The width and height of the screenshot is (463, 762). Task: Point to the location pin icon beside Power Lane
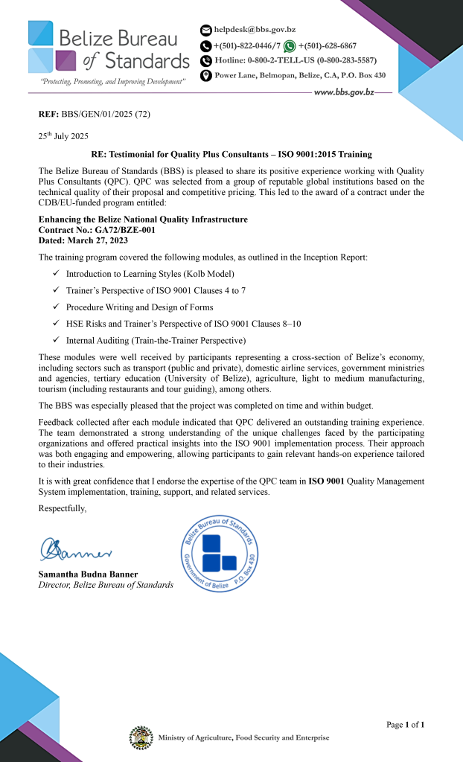point(206,76)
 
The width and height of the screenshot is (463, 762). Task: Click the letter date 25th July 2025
point(63,136)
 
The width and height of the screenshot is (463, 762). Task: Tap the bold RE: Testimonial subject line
point(231,155)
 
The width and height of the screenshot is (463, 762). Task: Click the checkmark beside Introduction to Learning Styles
point(57,274)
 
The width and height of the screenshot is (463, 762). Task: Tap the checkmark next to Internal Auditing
point(57,340)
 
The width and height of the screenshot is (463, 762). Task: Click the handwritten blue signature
point(77,551)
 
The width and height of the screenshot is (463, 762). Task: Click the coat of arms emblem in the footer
point(141,737)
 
